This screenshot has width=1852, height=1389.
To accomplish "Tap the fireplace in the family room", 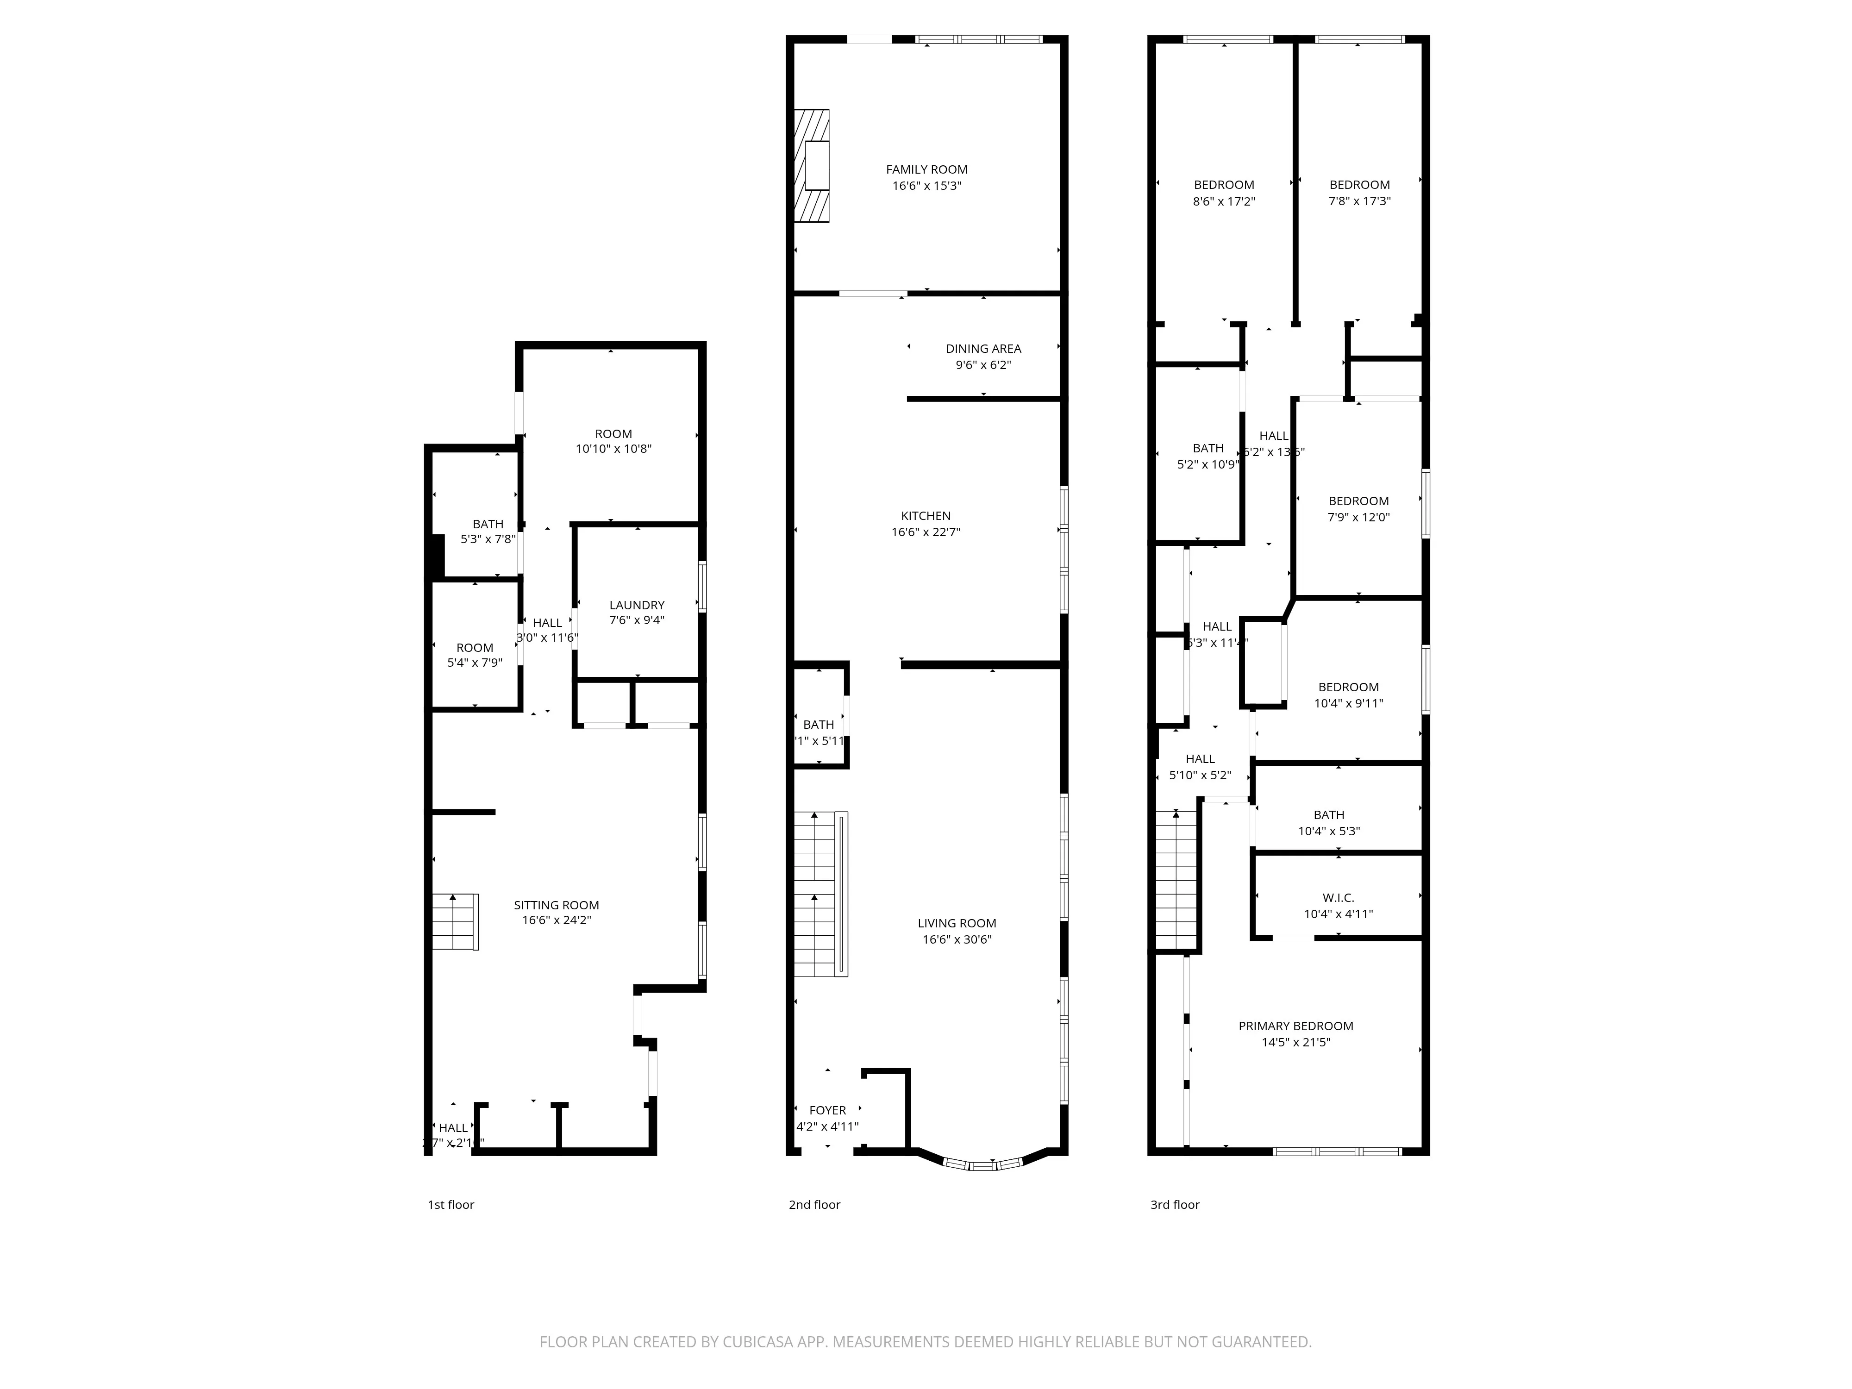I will (x=811, y=166).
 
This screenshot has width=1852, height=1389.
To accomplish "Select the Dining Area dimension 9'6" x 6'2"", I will (x=983, y=365).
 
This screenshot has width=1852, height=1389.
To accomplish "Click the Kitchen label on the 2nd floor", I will (x=925, y=516).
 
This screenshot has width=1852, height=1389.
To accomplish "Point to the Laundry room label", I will (x=636, y=605).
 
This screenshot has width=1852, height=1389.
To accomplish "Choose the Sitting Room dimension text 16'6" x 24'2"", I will (x=556, y=920).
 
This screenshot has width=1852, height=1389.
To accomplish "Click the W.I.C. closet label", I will (x=1338, y=898).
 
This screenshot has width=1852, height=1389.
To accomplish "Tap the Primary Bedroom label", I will (x=1295, y=1026).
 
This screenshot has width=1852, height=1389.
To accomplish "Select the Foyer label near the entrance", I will (x=827, y=1110).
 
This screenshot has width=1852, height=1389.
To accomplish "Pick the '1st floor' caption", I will (x=450, y=1205).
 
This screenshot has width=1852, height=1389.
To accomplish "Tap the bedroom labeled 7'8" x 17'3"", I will (x=1359, y=193).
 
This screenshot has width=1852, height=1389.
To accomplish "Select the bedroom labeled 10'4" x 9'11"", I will (x=1348, y=695).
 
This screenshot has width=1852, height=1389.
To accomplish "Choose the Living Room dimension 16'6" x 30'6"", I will (x=956, y=939).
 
